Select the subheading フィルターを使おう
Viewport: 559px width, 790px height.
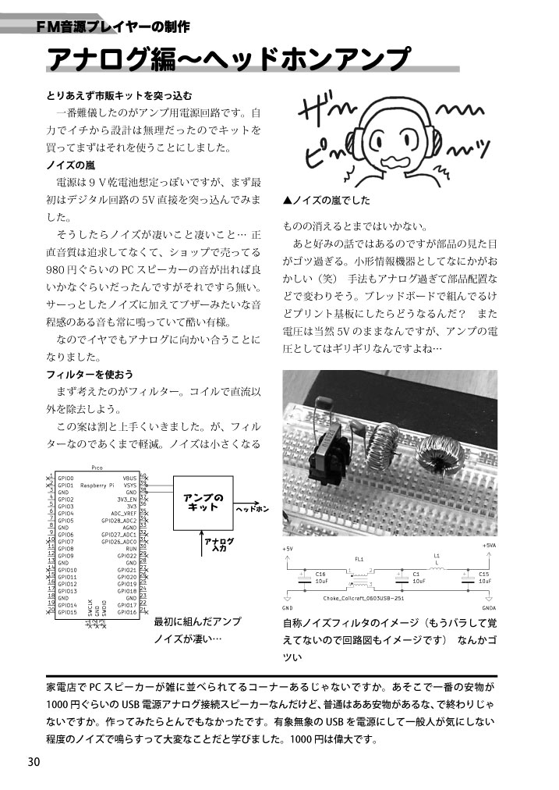(90, 375)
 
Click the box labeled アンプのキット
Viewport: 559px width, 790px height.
(203, 502)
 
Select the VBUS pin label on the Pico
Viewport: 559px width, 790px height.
(129, 478)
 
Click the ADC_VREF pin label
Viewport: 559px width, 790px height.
(125, 513)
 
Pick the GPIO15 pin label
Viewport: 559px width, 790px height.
(67, 612)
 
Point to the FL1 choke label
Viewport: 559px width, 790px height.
(359, 560)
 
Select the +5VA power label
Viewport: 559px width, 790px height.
(489, 546)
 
